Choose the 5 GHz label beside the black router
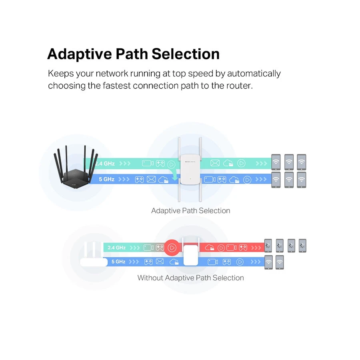(x=106, y=179)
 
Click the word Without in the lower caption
(x=150, y=278)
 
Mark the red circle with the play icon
(x=172, y=248)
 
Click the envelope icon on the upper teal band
(x=215, y=163)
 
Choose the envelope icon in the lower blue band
(x=160, y=262)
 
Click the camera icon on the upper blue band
(x=210, y=180)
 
